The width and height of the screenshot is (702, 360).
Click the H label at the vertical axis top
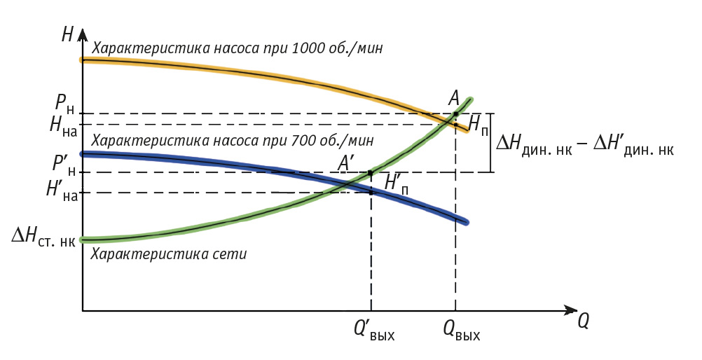[67, 34]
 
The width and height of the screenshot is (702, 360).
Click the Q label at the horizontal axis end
[583, 320]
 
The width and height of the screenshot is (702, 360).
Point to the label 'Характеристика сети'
[169, 254]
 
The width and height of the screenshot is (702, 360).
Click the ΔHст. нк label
[43, 240]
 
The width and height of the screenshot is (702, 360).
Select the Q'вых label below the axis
[374, 331]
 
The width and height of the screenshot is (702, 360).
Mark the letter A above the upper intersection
[454, 97]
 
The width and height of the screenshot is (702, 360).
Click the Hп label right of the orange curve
[478, 127]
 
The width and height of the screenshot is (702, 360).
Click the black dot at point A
[455, 113]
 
